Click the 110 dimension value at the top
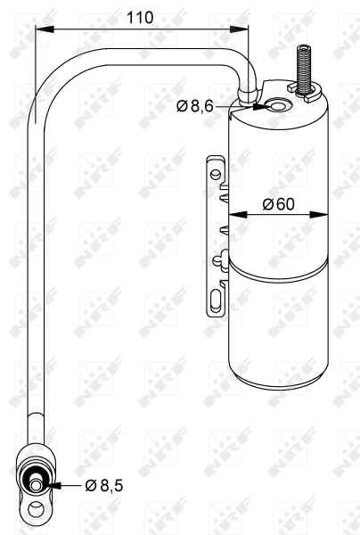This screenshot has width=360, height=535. pos(141,17)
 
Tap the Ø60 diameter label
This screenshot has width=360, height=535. pos(277,204)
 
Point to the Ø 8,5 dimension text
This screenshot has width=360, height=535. pos(103,486)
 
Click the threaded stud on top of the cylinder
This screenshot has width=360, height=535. pos(301,67)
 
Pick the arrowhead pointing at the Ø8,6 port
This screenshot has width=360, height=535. pos(260,107)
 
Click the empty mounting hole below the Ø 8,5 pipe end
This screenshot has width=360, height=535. pos(37,511)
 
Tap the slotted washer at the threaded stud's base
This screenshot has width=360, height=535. pos(297,89)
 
